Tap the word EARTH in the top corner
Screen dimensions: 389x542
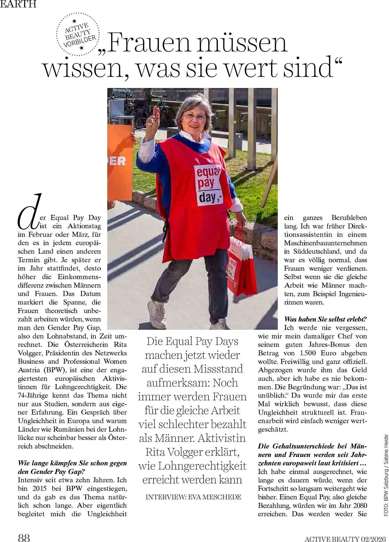[x=18, y=4]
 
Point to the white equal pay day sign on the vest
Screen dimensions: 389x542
[x=208, y=185]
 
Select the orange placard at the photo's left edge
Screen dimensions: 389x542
[x=120, y=163]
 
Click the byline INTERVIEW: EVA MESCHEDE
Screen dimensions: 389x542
[x=193, y=497]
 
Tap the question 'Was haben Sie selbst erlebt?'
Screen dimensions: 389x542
[x=325, y=319]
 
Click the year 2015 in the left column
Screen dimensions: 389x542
[x=41, y=489]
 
